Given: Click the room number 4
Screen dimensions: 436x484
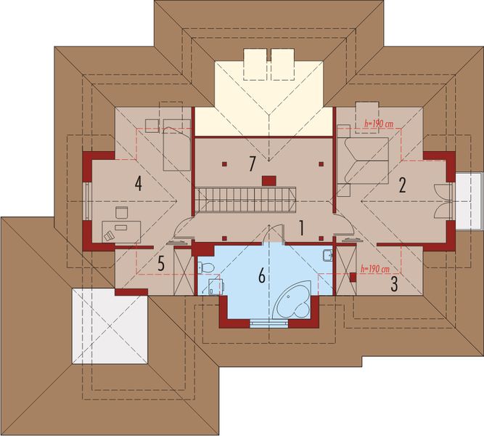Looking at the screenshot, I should pos(137,184).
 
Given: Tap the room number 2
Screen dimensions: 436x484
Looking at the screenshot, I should pos(401,185).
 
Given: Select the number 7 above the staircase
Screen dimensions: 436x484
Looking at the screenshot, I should pos(252,164).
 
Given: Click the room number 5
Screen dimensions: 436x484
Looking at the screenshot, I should pos(161,263).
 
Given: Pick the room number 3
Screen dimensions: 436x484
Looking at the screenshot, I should pos(394,283).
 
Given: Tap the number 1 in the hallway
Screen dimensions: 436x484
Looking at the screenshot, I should pos(301,228).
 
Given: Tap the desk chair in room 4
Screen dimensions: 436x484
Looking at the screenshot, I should pos(110,234).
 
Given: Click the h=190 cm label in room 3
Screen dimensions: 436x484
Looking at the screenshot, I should pos(376,269).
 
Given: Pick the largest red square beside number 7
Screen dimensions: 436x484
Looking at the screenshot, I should pos(268,179).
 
